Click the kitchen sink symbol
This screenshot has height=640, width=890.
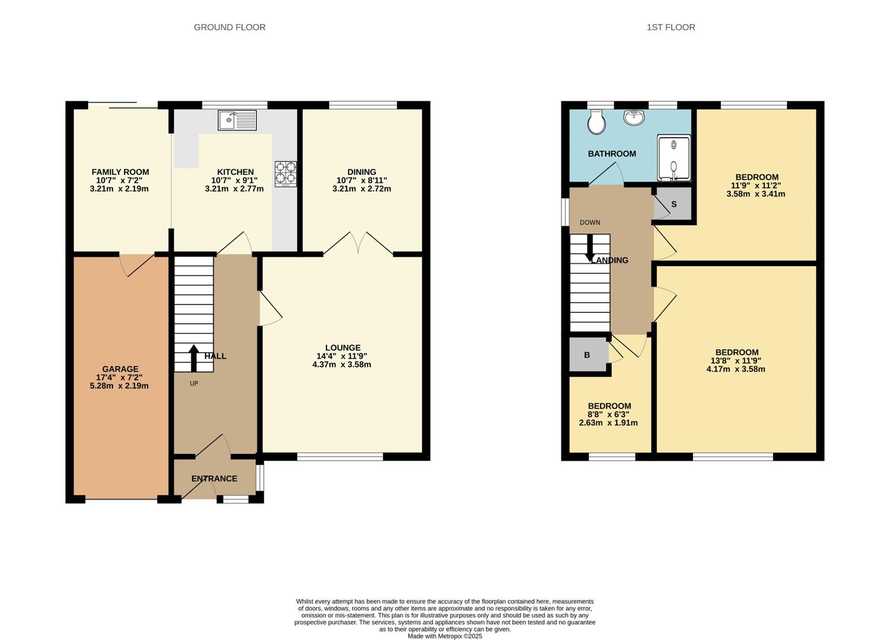237,120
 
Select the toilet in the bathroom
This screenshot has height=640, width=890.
596,122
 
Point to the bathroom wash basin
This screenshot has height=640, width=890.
634,117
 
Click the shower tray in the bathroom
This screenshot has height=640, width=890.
674,158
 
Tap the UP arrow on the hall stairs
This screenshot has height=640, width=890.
194,357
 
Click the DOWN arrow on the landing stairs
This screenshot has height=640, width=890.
590,249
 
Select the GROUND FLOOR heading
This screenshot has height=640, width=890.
229,27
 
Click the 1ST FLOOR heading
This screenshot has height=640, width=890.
671,27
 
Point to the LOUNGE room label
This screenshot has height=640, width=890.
342,348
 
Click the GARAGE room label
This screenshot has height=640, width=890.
120,369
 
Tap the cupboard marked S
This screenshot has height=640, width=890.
674,204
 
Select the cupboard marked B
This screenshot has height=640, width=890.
587,355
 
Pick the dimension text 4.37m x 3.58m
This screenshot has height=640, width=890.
342,364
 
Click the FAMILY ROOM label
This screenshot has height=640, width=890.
120,172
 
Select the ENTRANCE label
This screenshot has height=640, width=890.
214,479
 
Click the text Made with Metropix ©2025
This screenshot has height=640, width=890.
444,636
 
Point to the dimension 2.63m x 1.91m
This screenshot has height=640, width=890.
609,423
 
